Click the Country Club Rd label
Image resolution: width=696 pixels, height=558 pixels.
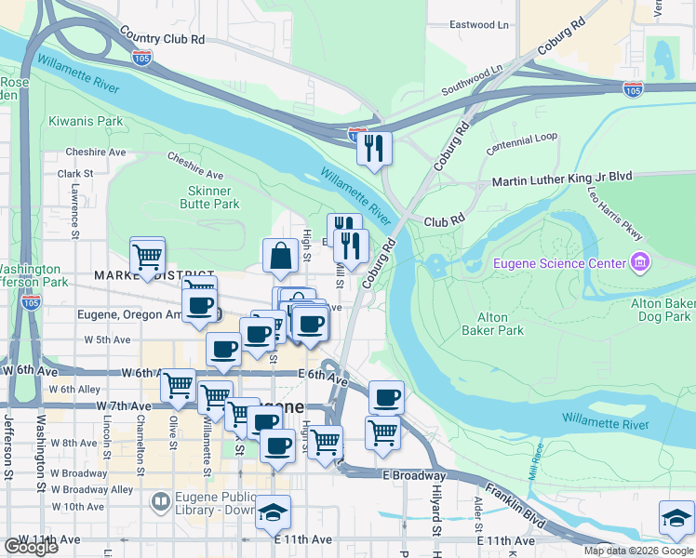pos(161,39)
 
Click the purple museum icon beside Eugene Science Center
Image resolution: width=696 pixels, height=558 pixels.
pos(638,263)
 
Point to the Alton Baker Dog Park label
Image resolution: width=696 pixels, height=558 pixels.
pos(663,311)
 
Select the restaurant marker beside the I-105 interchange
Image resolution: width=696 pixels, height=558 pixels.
pos(374,147)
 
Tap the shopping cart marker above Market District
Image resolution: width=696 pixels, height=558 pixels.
pos(147,255)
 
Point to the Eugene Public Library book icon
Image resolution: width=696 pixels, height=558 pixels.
pos(161,502)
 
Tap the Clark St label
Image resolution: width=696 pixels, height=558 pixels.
pos(75,173)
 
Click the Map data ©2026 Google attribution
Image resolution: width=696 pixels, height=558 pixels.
pos(637,551)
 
